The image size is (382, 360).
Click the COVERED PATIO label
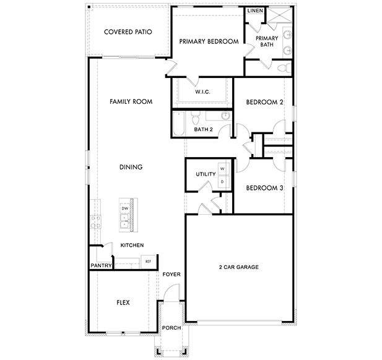[x=128, y=32]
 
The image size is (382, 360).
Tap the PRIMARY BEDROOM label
[x=209, y=41]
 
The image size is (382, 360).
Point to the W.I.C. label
[x=202, y=92]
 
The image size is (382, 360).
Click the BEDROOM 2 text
[x=264, y=102]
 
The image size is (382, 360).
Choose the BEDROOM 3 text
[x=264, y=187]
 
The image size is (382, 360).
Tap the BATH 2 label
[x=203, y=129]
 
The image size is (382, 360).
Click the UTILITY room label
[x=206, y=174]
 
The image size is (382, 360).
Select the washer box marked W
[x=222, y=169]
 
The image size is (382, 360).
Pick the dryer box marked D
[x=222, y=181]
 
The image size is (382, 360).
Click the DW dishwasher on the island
[x=124, y=209]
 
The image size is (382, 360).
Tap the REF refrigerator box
[x=148, y=262]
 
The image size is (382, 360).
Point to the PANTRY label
[x=100, y=266]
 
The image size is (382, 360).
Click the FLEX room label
[x=123, y=302]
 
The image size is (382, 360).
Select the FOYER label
[x=171, y=274]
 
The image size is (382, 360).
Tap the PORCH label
[x=170, y=327]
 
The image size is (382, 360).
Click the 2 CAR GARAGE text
[x=238, y=267]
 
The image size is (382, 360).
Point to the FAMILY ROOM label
[x=131, y=101]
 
